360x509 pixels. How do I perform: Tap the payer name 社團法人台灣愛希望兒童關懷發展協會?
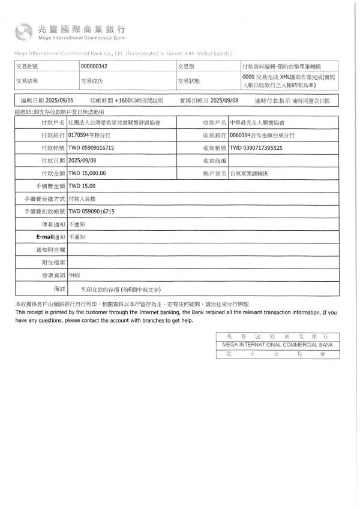click(x=114, y=122)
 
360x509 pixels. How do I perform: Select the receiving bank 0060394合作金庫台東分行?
click(x=263, y=135)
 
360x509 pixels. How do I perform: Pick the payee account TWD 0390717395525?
click(x=256, y=147)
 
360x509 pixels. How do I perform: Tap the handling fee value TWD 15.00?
click(x=82, y=186)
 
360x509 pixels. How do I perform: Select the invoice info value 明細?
click(x=74, y=275)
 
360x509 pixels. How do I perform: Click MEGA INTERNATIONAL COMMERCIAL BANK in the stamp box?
click(x=277, y=346)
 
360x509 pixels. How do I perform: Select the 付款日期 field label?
click(x=53, y=161)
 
